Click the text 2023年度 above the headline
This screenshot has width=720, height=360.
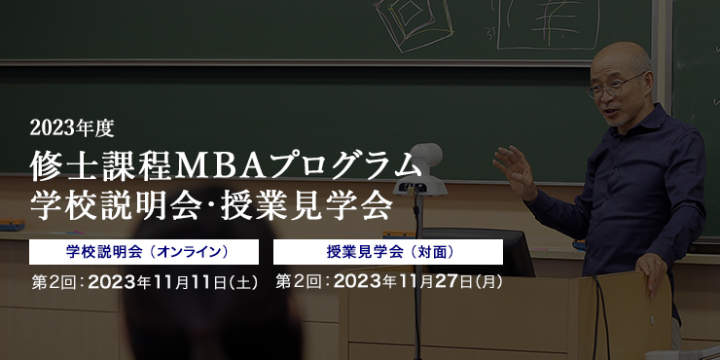click(x=72, y=128)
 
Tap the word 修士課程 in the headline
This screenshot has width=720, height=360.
click(x=101, y=166)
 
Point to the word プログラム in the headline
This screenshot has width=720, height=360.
click(x=343, y=166)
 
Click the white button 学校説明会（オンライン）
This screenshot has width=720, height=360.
click(x=144, y=252)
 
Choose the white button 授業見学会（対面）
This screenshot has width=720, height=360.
click(x=388, y=252)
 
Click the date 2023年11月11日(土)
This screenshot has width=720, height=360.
click(x=173, y=282)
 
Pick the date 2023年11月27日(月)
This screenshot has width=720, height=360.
click(x=418, y=282)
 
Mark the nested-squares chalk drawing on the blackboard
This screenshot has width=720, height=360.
click(x=414, y=24)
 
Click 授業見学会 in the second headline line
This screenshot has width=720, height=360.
click(x=306, y=206)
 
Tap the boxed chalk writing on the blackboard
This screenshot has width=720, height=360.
click(x=548, y=24)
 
